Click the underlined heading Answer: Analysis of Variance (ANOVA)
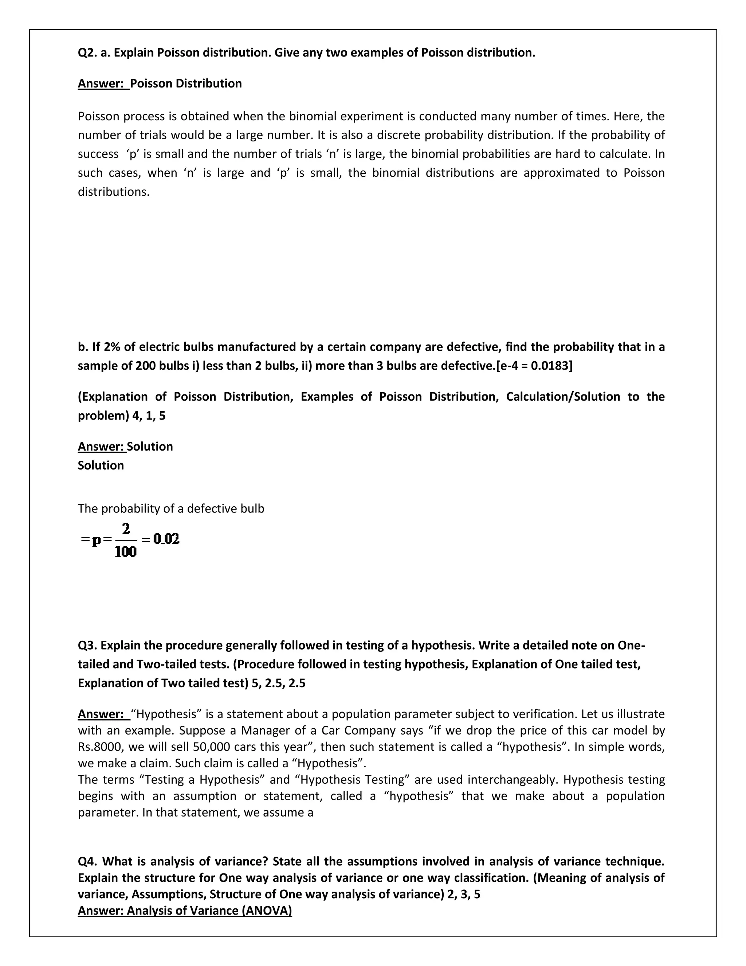coord(185,911)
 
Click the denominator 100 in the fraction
coord(126,552)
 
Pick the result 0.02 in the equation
coord(166,539)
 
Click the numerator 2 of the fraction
coord(126,529)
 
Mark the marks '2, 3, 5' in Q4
coord(464,894)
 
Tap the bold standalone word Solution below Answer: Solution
coord(101,465)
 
